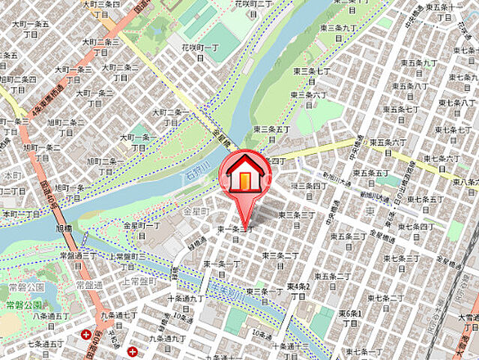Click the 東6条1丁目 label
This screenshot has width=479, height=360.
pos(351,318)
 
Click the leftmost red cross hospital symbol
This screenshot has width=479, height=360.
pos(87,334)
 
